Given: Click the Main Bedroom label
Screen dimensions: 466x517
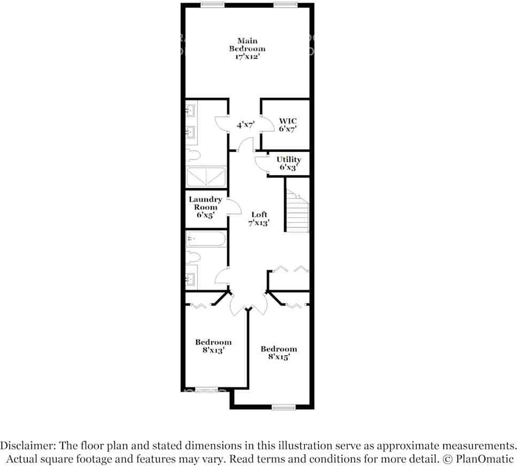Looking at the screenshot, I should click(x=247, y=45).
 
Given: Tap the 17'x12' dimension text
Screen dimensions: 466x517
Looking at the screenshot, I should click(x=247, y=57).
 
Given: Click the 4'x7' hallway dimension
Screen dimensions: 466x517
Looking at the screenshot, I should click(x=246, y=125).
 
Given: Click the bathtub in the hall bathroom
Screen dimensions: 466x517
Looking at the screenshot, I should click(x=206, y=239).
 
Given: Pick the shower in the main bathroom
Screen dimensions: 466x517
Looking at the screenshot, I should click(x=206, y=176).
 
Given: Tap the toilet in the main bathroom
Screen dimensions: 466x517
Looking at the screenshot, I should click(x=193, y=156).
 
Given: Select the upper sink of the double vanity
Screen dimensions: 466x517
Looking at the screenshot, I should click(x=190, y=111).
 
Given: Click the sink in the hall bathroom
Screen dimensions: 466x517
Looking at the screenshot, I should click(x=190, y=278).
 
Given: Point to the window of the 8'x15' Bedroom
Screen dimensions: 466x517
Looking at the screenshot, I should click(x=283, y=408).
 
